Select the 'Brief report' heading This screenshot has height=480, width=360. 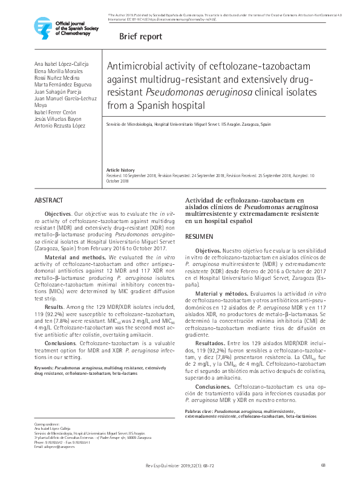(140, 36)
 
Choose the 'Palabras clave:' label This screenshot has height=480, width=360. (200, 411)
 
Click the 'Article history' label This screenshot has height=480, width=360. (120, 170)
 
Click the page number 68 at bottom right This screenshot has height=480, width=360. (324, 464)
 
